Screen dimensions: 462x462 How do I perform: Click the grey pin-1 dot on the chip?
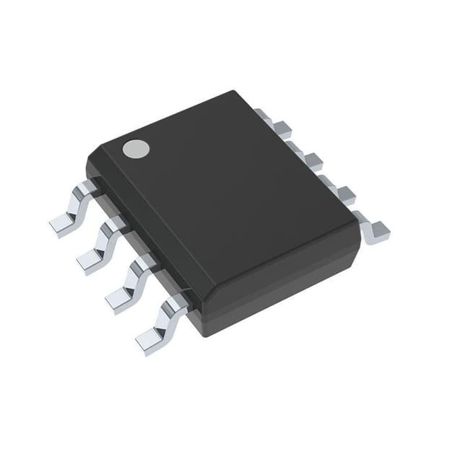tap(135, 149)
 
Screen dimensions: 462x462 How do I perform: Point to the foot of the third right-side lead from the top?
tap(345, 193)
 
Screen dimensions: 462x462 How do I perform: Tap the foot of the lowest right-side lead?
tap(377, 231)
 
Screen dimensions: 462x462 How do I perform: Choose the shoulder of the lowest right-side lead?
tap(357, 214)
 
